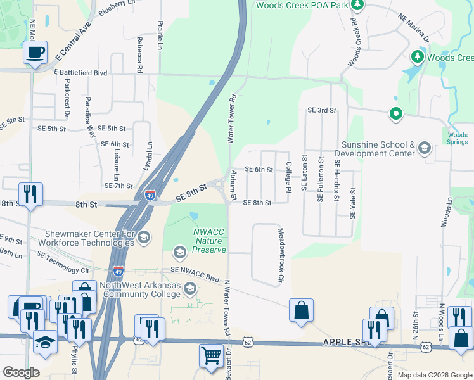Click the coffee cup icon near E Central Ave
pos(35,51)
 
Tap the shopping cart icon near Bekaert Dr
pos(210,354)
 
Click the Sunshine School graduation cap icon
pos(424,149)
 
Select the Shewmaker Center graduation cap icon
pos(143,237)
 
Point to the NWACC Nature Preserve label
pos(209,241)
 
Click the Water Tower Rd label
pos(233,118)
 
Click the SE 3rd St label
pos(321,110)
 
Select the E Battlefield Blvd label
pos(80,73)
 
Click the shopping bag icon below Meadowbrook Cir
pos(301,310)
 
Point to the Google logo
pos(21,372)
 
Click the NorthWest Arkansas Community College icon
pos(189,290)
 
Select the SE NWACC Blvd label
pos(195,274)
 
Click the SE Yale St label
pos(353,203)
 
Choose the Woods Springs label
pos(458,138)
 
